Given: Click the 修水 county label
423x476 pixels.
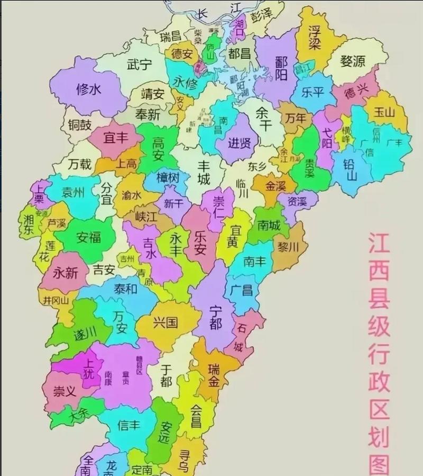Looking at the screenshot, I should (88, 89).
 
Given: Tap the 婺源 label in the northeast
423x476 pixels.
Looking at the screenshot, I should (353, 61).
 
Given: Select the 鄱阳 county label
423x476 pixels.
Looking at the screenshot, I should (281, 68).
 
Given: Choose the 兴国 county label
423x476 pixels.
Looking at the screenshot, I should (165, 322).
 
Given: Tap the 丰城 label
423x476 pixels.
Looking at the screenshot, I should (204, 172).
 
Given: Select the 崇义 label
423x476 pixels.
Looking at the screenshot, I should (66, 392).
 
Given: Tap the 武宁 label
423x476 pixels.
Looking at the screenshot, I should (139, 65).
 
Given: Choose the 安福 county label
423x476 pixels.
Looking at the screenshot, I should (88, 237).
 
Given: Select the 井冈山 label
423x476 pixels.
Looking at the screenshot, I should (57, 300).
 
